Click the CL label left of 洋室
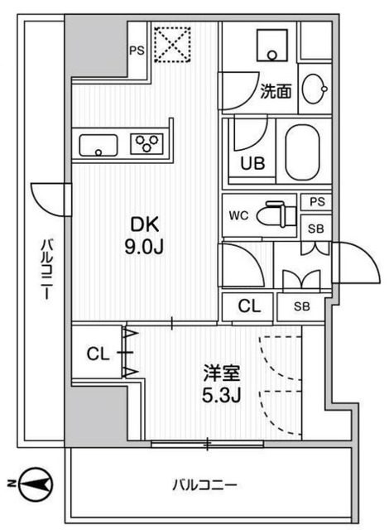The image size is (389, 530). pyautogui.click(x=97, y=354)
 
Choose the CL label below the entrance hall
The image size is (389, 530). pyautogui.click(x=249, y=306)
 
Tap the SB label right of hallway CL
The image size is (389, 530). pyautogui.click(x=302, y=306)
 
